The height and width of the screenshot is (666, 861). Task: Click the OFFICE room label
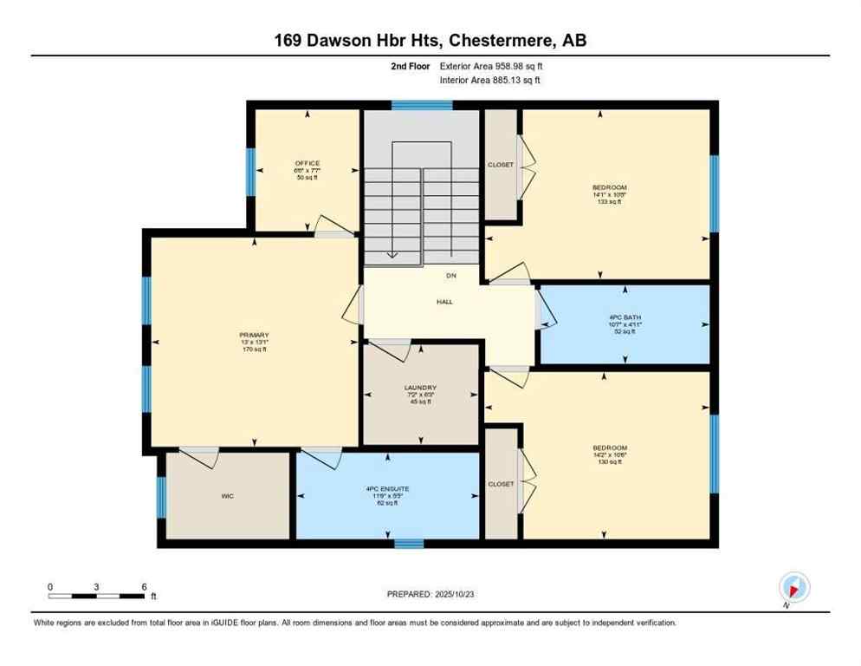(x=307, y=163)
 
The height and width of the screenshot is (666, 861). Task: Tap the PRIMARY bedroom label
(x=255, y=335)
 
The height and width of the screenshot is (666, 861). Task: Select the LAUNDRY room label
(x=420, y=388)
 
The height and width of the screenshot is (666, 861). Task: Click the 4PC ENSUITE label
(x=387, y=489)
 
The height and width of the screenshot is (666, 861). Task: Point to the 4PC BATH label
(x=624, y=317)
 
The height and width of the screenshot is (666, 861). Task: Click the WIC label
(x=228, y=497)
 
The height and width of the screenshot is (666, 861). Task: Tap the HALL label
(x=444, y=302)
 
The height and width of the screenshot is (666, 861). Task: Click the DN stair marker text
(x=450, y=276)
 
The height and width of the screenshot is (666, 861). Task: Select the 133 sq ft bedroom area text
(x=610, y=201)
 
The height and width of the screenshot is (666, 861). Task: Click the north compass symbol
(x=793, y=588)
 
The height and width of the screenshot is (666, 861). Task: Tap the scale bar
(x=96, y=596)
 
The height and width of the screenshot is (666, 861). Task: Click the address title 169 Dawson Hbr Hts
(x=430, y=41)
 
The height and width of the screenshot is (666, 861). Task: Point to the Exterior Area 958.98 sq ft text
(x=491, y=66)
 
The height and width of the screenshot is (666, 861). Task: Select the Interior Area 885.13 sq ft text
(x=491, y=81)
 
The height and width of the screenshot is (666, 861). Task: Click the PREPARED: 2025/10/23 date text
(x=430, y=594)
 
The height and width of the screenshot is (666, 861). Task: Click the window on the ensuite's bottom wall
(x=409, y=544)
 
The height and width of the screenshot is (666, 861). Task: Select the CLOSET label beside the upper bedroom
(x=501, y=165)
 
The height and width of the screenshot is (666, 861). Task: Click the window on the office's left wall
(x=250, y=172)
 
